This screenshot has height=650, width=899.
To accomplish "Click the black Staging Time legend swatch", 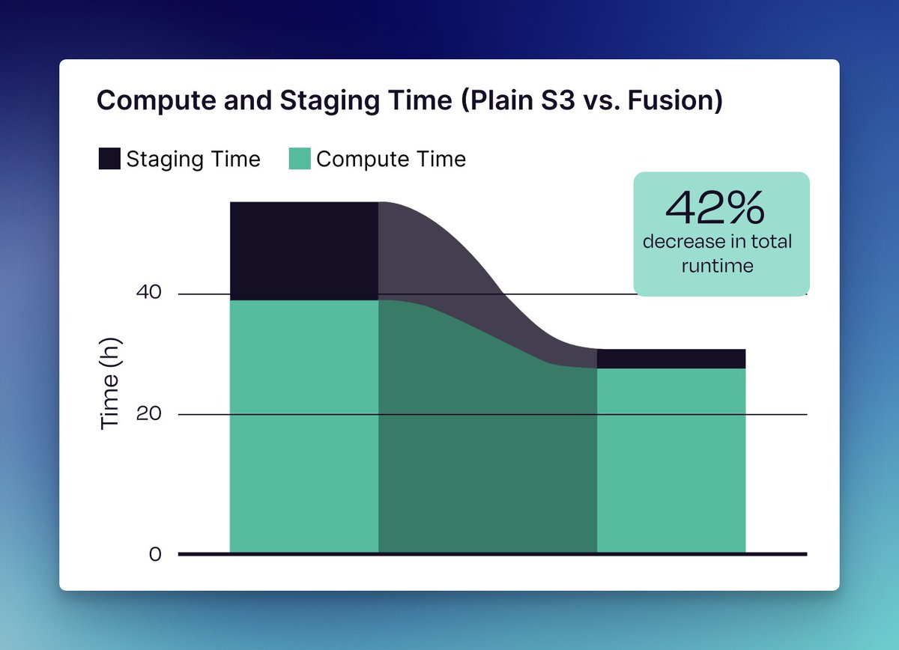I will click(x=109, y=159).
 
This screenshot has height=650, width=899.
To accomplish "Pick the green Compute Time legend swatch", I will click(x=300, y=159).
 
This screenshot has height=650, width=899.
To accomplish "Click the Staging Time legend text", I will click(x=193, y=159).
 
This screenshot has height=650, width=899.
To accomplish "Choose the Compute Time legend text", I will click(x=391, y=159).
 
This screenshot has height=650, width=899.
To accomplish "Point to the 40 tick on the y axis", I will click(x=149, y=294).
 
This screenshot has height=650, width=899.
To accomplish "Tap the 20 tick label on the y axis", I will click(x=149, y=414).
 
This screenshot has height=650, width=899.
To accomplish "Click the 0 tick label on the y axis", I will click(x=155, y=554).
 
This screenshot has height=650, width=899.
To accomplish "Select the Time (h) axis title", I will click(x=110, y=383).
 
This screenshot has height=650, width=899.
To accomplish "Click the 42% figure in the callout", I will click(x=715, y=208).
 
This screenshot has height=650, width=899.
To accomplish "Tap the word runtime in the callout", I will click(x=717, y=265).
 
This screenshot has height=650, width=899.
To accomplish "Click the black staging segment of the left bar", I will click(x=303, y=251).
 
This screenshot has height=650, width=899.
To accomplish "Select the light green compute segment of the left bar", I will click(x=303, y=427).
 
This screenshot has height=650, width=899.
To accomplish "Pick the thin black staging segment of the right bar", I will click(x=671, y=359).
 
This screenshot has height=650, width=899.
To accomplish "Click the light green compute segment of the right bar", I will click(x=671, y=461).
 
